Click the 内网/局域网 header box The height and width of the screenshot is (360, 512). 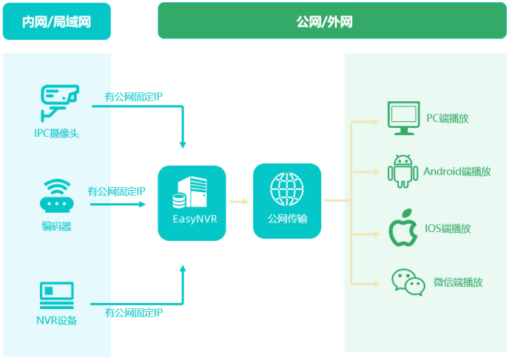56,21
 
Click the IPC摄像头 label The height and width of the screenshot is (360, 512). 56,134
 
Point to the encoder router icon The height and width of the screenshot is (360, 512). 56,196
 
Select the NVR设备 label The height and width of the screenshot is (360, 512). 56,321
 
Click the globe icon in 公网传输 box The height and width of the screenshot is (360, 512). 287,189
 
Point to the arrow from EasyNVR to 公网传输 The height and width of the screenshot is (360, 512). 239,200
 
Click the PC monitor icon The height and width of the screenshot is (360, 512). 404,118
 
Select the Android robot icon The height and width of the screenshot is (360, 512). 402,171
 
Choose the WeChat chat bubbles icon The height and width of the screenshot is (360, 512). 408,282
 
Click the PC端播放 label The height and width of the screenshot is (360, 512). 448,118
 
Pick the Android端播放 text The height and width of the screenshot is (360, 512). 457,171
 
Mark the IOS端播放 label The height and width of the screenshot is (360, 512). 448,228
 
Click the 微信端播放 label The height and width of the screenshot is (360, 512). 458,282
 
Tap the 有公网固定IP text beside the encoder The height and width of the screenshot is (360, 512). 116,191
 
